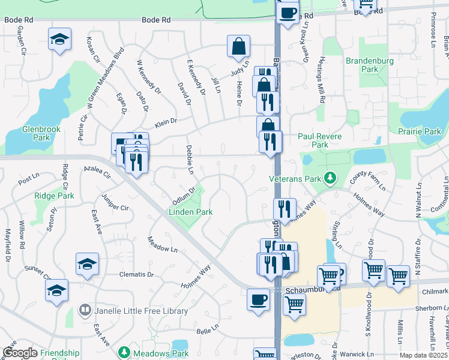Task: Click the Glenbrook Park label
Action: pos(40,133)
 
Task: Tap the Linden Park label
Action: pos(190,212)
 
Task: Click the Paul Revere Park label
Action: pos(321,140)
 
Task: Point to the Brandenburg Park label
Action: pos(370,65)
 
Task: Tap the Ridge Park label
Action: pos(54,196)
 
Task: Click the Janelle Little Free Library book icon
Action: pos(85,311)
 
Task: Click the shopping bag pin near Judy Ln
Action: pos(238,46)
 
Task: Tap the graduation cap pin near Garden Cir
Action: pos(59,40)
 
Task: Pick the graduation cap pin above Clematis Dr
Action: pos(87,264)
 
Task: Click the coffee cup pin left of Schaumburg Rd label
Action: pos(258,299)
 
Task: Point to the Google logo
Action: pos(20,353)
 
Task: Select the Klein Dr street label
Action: pos(166,122)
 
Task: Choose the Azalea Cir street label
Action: pos(98,173)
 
